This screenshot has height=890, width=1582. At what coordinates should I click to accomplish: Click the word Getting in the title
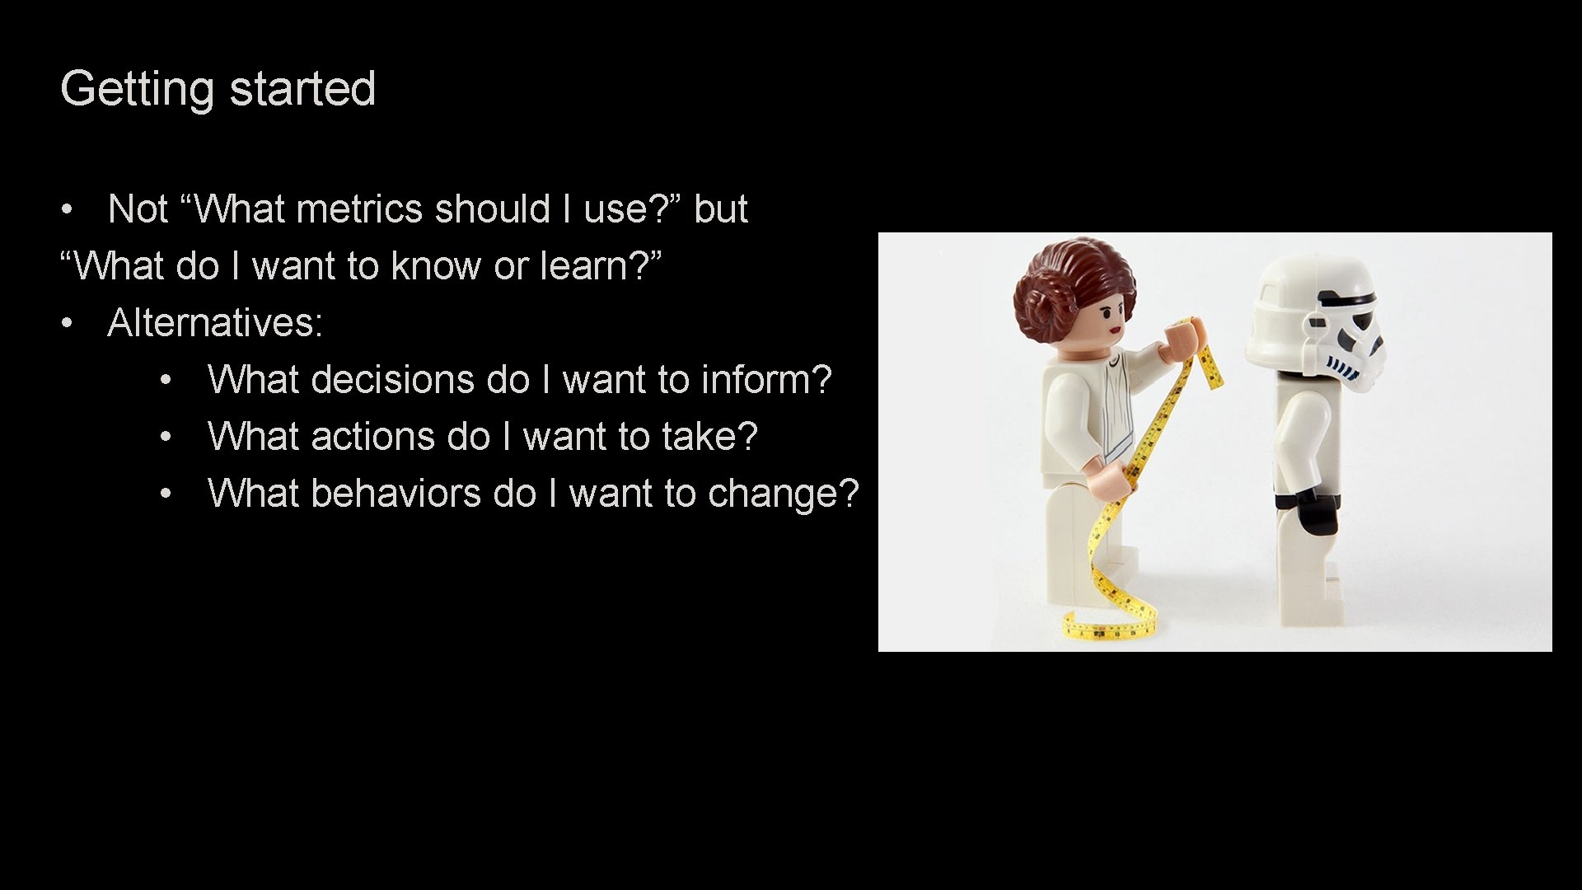point(137,89)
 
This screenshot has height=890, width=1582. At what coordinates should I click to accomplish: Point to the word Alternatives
point(215,322)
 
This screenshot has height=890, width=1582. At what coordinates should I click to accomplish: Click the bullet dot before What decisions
point(166,381)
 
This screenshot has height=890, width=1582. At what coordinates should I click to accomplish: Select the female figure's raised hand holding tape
point(1183,338)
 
